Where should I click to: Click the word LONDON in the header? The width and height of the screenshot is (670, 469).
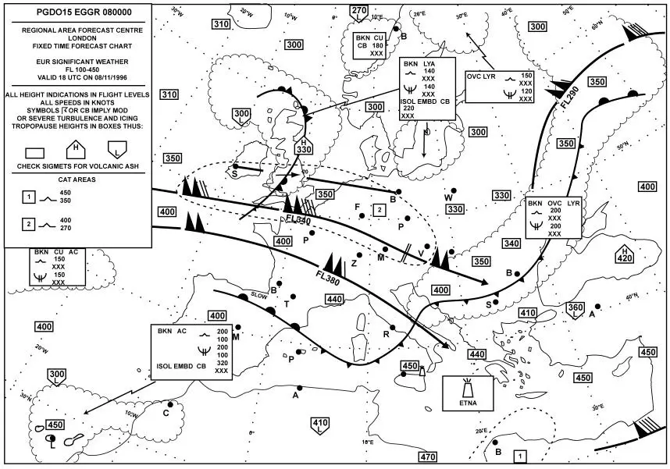pos(77,37)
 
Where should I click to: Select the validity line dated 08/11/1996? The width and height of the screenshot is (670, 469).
pos(77,78)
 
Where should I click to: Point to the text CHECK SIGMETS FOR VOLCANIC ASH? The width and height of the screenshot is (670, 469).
pos(77,166)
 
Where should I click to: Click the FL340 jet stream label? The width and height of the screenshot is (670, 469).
pos(298,221)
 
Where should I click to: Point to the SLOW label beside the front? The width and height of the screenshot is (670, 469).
pos(260,295)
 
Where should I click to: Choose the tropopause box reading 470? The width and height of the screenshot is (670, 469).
pos(427,457)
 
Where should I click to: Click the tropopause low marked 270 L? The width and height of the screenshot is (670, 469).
pos(358,12)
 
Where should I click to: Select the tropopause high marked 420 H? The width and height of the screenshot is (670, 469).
pos(625,254)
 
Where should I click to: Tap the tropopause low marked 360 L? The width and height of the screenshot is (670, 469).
pos(575,309)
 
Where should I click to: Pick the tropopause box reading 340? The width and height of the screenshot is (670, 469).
pos(511,244)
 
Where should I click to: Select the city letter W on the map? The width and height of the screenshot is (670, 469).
pos(448,197)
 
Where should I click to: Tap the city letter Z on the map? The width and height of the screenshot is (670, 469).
pos(353,264)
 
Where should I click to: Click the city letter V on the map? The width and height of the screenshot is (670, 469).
pos(421,254)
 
